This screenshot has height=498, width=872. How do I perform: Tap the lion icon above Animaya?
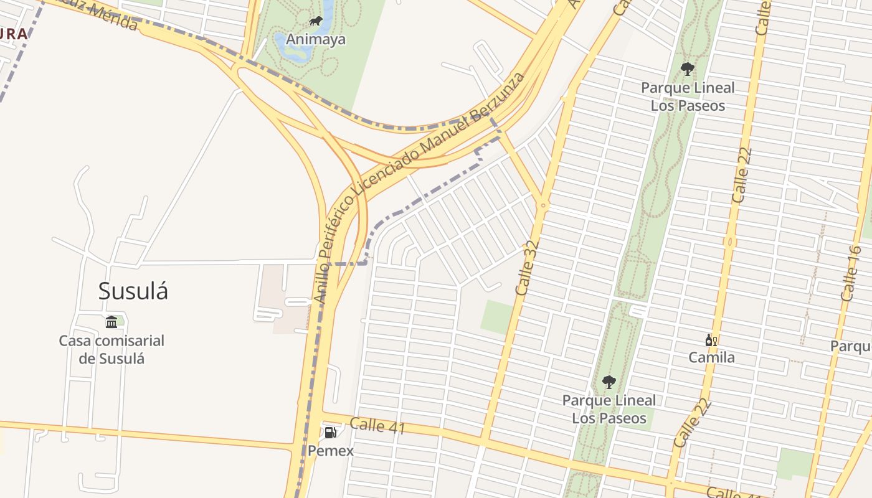coord(316,22)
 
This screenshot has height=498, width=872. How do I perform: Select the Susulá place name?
coord(133,291)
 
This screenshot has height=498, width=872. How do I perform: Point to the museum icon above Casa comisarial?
coord(111,322)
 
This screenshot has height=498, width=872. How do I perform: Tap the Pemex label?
coord(331,451)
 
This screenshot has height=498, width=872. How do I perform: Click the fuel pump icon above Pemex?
coord(330,432)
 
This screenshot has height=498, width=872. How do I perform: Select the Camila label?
coord(711,357)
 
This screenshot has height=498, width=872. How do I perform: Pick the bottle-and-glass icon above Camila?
coord(711,340)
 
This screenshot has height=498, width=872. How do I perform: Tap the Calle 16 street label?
coord(851,274)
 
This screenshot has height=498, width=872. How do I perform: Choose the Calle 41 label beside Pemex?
coord(377,426)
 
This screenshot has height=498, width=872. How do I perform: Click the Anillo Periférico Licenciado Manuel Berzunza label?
coord(419,187)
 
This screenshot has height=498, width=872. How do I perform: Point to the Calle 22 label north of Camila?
coord(742,176)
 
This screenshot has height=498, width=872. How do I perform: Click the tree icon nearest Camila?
coord(609,382)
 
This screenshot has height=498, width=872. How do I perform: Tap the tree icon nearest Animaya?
coord(688,68)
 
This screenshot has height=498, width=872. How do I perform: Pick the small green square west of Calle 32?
coord(496,317)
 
